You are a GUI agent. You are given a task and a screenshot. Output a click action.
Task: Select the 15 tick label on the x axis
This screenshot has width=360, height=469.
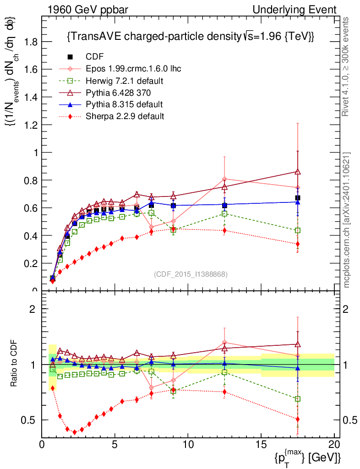click(261, 445)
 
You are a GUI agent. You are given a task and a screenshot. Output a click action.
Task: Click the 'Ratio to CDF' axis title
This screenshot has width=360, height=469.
click(14, 364)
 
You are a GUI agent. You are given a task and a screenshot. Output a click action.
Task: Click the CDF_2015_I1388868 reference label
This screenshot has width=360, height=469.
click(190, 274)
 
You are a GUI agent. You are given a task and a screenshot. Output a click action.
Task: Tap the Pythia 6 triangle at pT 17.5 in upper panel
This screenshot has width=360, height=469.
click(298, 172)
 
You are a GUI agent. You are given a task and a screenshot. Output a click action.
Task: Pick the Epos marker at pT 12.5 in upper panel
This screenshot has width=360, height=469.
click(224, 179)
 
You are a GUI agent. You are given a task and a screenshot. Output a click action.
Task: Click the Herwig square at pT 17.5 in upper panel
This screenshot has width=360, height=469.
click(298, 230)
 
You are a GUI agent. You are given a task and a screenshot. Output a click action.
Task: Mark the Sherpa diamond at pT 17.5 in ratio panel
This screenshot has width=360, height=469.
click(298, 419)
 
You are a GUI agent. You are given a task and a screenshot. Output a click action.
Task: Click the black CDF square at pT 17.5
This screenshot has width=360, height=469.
click(298, 198)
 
